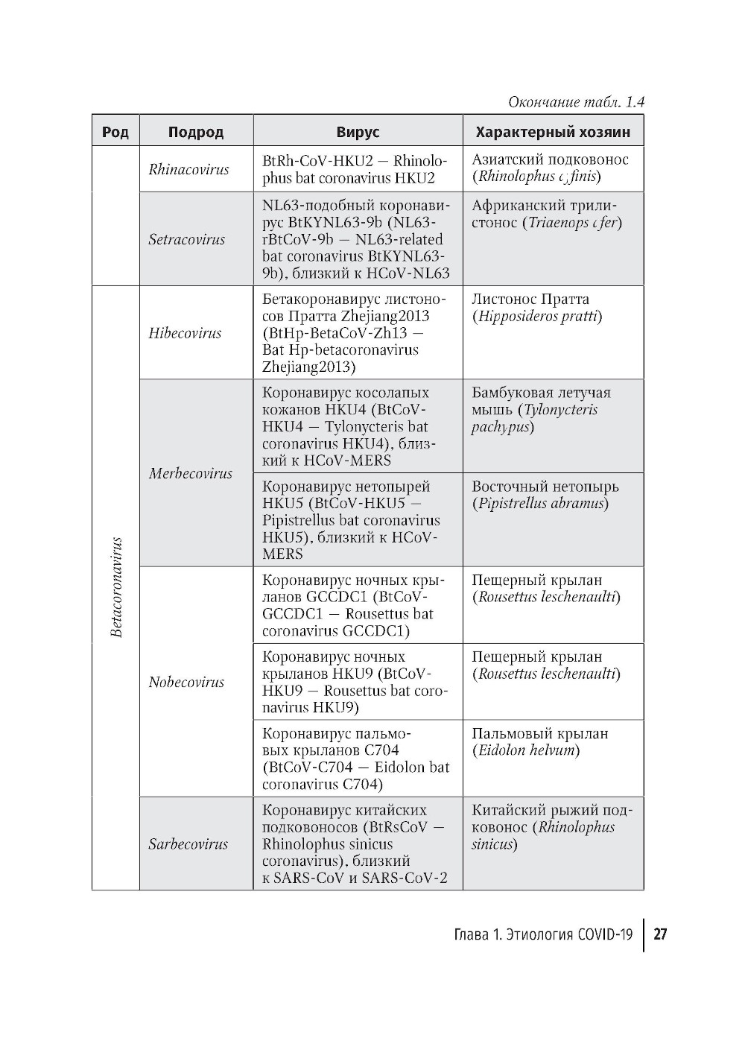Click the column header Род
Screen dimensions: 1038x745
pos(115,132)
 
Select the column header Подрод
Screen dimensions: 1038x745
pos(196,132)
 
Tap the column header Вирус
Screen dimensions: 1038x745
pos(358,132)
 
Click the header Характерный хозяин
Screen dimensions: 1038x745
pos(553,132)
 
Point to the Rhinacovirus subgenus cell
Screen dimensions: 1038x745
pos(188,169)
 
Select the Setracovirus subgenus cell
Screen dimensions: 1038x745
pos(186,239)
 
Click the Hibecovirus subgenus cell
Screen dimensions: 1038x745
pos(185,333)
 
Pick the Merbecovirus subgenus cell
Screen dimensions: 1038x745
pos(190,473)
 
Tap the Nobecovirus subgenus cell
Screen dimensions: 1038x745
pos(186,682)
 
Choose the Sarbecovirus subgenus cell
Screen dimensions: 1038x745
pos(188,844)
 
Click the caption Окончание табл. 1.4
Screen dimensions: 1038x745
pos(575,102)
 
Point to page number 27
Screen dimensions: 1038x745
pos(660,934)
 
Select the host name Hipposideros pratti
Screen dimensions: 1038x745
pos(539,316)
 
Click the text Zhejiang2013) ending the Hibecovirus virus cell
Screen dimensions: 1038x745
pos(308,367)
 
